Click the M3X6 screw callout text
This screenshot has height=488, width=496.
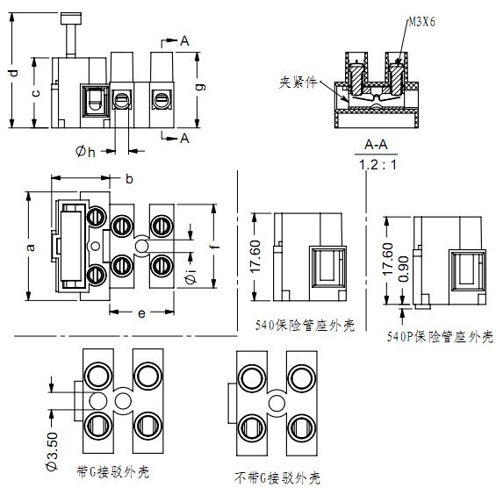pyautogui.click(x=421, y=22)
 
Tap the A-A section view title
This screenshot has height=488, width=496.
pyautogui.click(x=376, y=145)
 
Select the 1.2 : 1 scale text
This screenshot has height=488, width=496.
pyautogui.click(x=377, y=165)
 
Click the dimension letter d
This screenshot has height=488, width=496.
pyautogui.click(x=14, y=73)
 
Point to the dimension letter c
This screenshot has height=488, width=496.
pyautogui.click(x=36, y=93)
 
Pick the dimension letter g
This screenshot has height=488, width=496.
pyautogui.click(x=200, y=87)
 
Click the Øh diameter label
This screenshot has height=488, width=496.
pyautogui.click(x=85, y=152)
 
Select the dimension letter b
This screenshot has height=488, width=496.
pyautogui.click(x=129, y=179)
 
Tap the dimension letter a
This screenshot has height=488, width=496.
pyautogui.click(x=31, y=247)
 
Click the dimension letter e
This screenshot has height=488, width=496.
pyautogui.click(x=141, y=313)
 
